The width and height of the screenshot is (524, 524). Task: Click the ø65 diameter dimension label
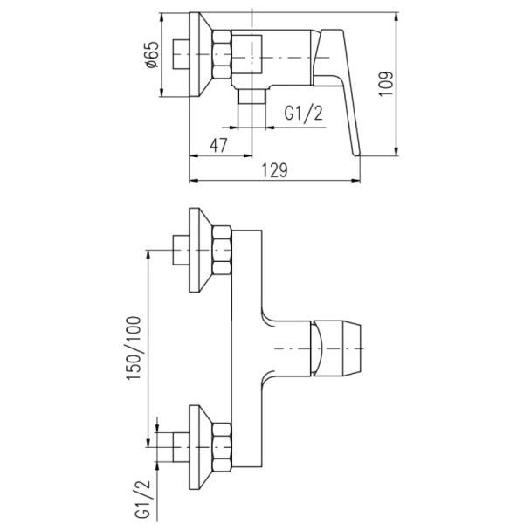click(x=152, y=54)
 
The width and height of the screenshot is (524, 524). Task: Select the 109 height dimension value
click(x=386, y=84)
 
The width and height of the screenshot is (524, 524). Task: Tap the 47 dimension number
click(x=219, y=145)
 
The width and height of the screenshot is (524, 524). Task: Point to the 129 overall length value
click(x=274, y=170)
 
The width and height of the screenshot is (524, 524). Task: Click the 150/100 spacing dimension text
click(x=134, y=348)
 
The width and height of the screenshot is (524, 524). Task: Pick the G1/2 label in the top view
click(x=304, y=113)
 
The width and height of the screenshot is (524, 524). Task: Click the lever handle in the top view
click(x=337, y=90)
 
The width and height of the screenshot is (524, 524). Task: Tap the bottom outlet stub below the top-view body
click(x=252, y=96)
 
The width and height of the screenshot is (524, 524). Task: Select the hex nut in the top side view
click(x=222, y=55)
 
